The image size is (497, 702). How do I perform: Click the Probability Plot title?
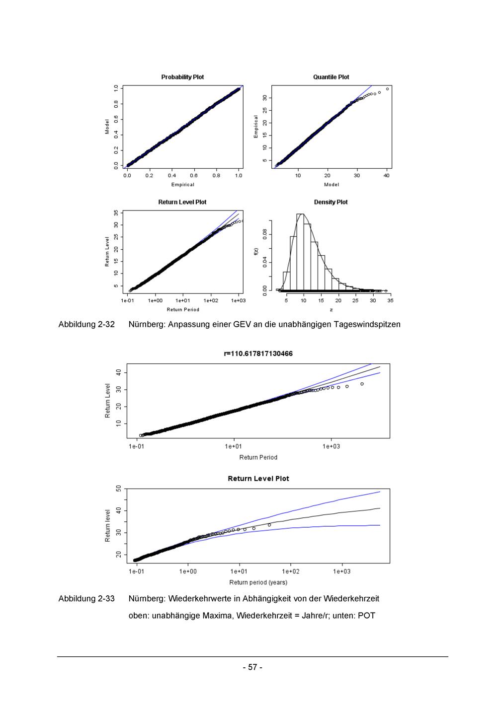click(182, 77)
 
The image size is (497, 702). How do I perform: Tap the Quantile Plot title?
click(331, 77)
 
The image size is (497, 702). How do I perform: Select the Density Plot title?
click(331, 202)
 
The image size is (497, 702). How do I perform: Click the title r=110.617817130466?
click(258, 353)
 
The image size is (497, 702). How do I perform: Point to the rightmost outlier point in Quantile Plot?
click(387, 89)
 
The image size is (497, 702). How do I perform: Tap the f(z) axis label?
click(256, 251)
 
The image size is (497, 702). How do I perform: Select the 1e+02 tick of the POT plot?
click(290, 571)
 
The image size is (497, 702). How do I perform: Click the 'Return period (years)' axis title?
click(258, 582)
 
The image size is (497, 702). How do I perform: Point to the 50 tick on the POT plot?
click(119, 489)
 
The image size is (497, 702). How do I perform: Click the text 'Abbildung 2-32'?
click(86, 325)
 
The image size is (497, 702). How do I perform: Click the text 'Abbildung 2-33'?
click(86, 599)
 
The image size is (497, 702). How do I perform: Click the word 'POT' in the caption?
click(366, 616)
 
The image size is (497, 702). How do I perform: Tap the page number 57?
click(252, 667)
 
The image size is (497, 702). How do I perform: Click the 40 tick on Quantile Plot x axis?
click(387, 175)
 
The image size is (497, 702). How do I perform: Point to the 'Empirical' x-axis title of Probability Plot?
click(182, 185)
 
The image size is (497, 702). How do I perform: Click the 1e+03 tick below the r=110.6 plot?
click(331, 446)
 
